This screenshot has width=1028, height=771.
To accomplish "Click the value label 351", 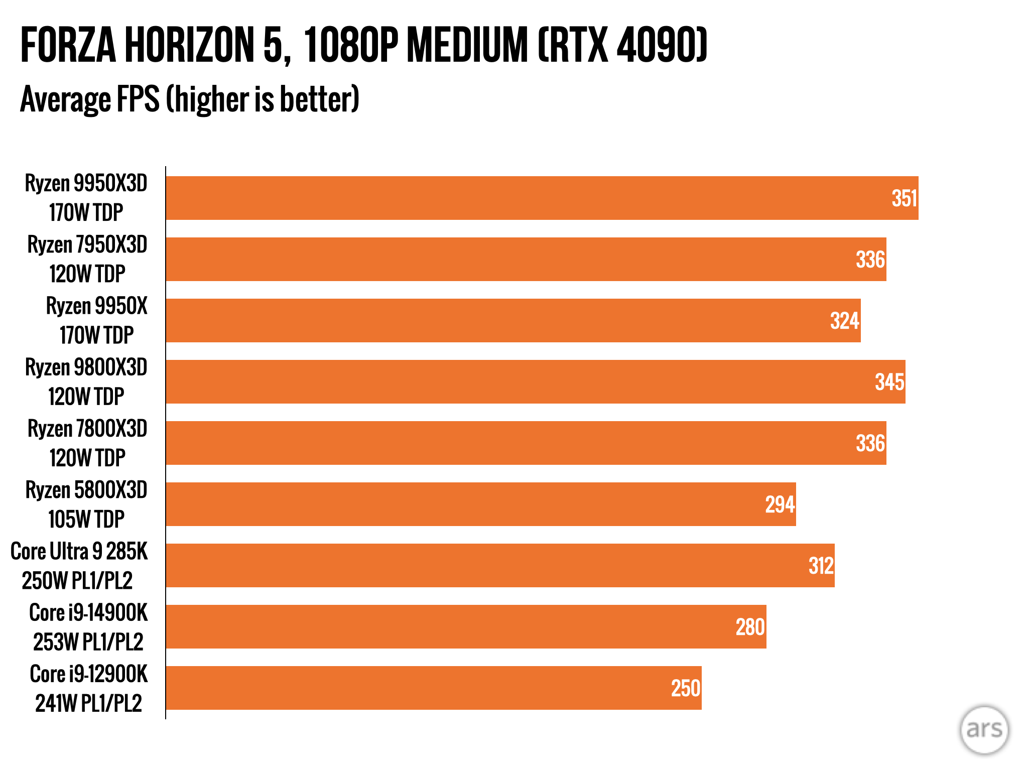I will pos(904,198).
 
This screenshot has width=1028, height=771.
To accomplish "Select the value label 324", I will pos(845,321).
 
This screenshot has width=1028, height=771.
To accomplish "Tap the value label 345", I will pos(889,382).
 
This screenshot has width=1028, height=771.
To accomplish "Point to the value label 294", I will pos(780,504).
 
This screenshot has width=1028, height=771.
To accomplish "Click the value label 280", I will pos(750,627).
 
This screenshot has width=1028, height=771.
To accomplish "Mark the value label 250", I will pos(686,688).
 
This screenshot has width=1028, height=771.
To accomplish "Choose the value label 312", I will pos(821,566).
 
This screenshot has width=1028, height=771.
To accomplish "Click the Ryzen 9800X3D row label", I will pos(86,381).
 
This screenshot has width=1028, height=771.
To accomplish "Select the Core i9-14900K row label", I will pos(88,626).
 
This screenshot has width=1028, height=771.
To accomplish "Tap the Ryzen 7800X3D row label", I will pos(87,443).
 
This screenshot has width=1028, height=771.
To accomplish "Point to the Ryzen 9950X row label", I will pos(96,320).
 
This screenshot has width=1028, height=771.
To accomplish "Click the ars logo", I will pos(984,729).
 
